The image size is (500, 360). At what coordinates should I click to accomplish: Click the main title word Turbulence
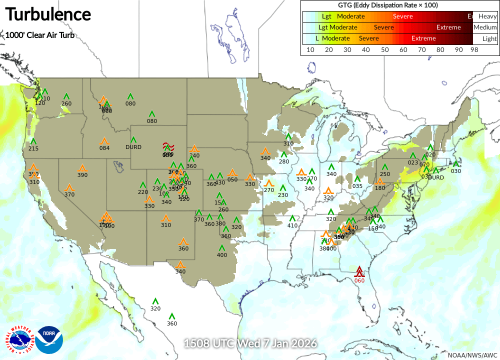48,14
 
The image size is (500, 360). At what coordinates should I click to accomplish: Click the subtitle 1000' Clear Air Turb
39,35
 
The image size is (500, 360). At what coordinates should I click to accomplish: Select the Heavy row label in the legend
487,16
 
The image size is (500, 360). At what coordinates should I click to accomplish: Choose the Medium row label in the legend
485,27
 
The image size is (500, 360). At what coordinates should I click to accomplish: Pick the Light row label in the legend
489,38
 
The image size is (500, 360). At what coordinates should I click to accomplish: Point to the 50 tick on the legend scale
384,49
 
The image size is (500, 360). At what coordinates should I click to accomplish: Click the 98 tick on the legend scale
474,49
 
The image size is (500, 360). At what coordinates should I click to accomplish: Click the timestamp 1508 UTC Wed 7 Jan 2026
250,344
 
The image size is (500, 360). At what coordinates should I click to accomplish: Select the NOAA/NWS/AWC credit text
472,355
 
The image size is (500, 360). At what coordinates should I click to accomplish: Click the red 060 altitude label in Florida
359,280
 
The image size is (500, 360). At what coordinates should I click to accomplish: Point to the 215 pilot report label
33,148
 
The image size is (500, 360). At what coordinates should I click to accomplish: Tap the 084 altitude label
104,148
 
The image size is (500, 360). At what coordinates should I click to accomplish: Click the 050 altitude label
232,179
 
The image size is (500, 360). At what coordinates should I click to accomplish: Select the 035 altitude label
357,186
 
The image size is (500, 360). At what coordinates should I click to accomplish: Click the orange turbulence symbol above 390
82,168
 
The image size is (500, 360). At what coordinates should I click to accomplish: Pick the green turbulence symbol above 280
284,154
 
